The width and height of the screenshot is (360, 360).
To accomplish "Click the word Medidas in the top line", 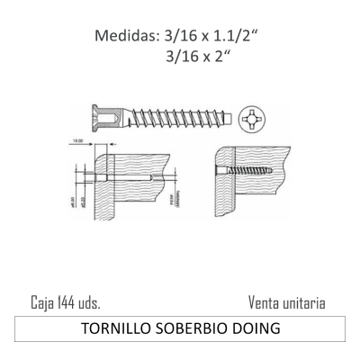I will click(126, 37).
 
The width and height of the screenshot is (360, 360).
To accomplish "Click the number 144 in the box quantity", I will click(59, 303).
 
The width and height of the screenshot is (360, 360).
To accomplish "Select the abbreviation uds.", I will click(86, 303).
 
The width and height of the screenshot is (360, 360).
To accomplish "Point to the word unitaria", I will click(304, 303).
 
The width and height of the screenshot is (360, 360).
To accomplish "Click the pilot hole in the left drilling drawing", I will click(135, 178).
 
